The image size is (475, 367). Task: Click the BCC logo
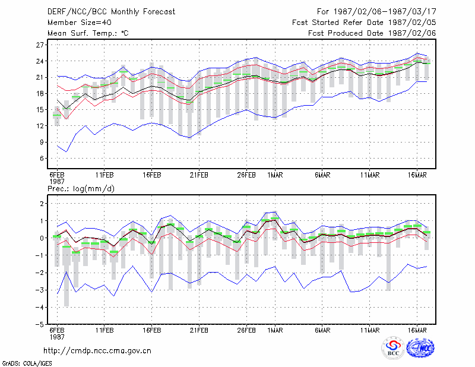393,348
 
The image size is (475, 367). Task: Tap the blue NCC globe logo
420,348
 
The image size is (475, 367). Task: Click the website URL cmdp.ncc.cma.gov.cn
97,351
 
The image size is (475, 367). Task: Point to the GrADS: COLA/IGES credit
27,363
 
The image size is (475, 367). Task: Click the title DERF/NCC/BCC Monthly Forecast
111,12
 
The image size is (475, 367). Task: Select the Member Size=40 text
80,23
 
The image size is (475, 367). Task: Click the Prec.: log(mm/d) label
81,189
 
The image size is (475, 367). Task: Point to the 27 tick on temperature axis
40,45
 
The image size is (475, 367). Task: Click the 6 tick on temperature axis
42,159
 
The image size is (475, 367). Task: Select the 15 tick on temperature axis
40,110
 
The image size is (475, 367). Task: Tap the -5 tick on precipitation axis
39,325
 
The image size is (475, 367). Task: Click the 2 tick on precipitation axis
42,204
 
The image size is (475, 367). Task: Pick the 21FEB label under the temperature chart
199,175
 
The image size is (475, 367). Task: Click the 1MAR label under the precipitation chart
275,330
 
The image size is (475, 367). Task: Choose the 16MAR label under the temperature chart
417,175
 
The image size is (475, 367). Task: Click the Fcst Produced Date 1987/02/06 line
372,33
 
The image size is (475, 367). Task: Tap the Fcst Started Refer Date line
364,23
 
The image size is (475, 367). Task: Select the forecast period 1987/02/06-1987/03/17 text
385,12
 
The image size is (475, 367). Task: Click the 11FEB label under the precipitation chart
104,330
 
